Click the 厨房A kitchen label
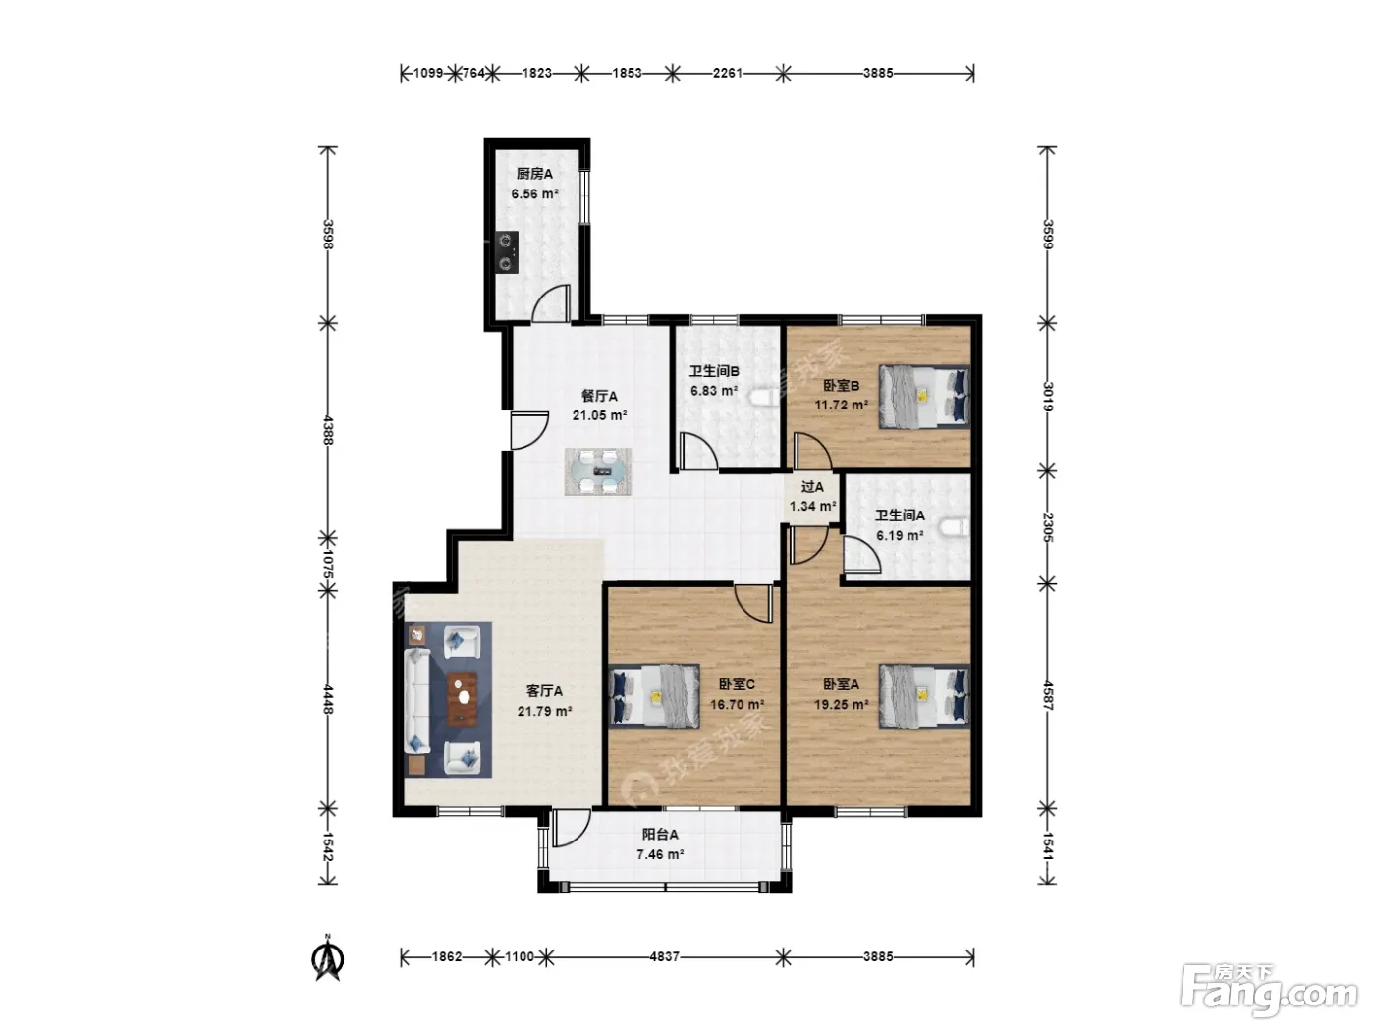click(533, 174)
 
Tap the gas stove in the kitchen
click(507, 252)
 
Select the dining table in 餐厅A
click(597, 471)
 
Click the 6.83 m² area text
click(714, 391)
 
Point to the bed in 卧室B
click(924, 397)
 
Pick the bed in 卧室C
click(654, 696)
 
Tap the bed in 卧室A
click(924, 695)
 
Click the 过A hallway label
click(812, 486)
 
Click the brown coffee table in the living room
click(463, 697)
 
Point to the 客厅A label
click(544, 691)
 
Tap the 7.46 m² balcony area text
click(660, 854)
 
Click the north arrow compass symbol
click(328, 957)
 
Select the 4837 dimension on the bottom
click(664, 956)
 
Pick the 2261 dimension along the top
click(728, 73)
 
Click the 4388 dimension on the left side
click(328, 430)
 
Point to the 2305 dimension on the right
click(1047, 527)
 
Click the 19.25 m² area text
click(841, 704)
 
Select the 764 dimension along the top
click(473, 73)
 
